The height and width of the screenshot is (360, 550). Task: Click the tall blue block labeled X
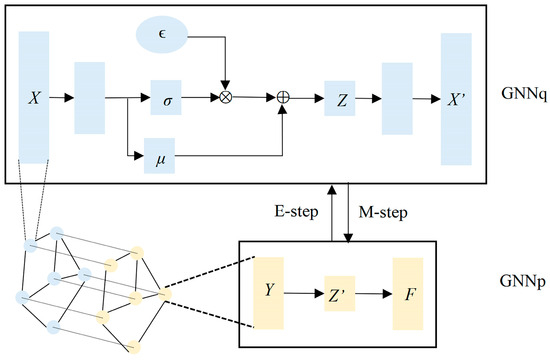click(33, 97)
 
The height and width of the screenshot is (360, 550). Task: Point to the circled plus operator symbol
click(283, 98)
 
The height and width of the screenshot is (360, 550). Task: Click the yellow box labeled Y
click(270, 293)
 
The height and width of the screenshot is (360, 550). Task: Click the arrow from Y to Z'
click(303, 293)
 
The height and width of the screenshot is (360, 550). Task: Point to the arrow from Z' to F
click(376, 293)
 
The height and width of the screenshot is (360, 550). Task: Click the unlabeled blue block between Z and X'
click(396, 98)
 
